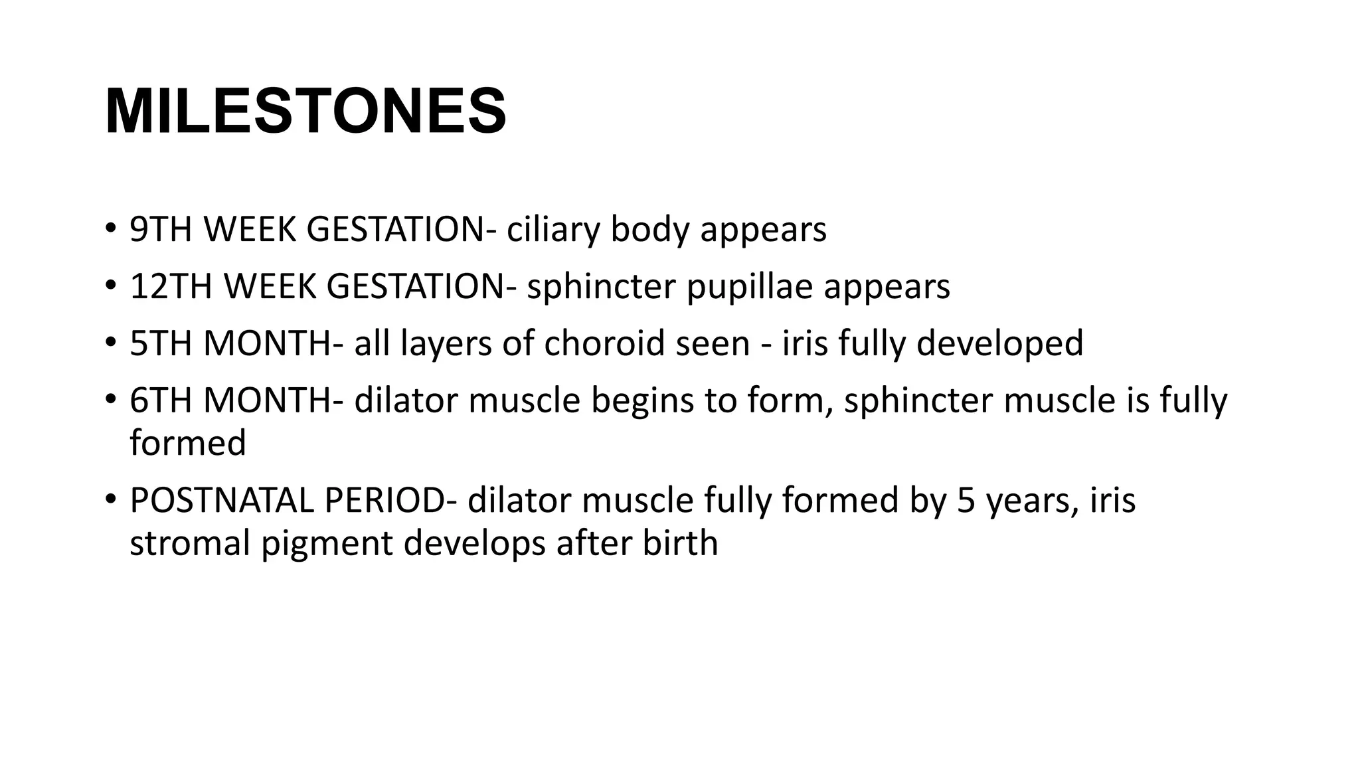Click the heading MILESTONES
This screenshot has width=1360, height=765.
click(x=305, y=112)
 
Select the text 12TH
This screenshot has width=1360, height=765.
click(x=171, y=287)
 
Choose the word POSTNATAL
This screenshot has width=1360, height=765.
click(x=221, y=501)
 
